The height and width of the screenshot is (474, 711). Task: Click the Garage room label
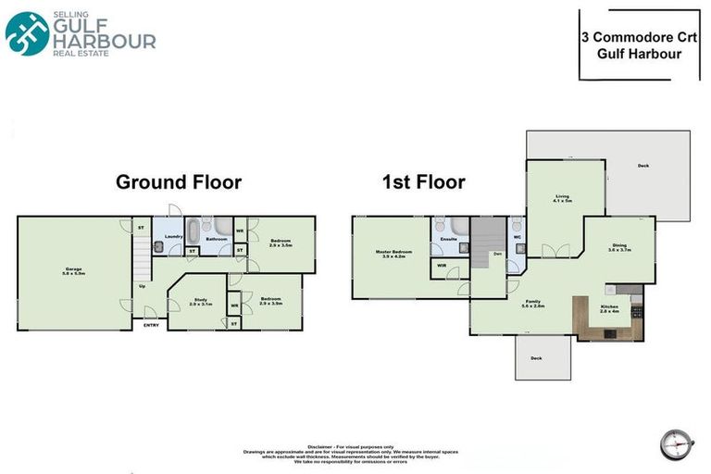click(73, 271)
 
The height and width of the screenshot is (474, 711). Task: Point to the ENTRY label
click(150, 324)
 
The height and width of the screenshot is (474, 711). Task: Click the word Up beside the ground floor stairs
click(142, 286)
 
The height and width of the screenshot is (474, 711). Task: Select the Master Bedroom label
click(394, 254)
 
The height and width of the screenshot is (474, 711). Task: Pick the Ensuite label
click(449, 240)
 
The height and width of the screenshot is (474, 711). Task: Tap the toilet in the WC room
click(515, 225)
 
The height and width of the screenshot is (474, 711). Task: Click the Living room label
click(562, 197)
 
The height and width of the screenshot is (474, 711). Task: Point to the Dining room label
click(618, 248)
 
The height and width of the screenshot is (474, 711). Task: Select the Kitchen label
click(608, 308)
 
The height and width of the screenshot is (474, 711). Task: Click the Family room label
click(533, 304)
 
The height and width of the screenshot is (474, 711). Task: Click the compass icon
click(677, 443)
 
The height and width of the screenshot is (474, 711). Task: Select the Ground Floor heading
click(178, 182)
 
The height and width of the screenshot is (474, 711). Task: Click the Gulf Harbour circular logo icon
click(27, 33)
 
